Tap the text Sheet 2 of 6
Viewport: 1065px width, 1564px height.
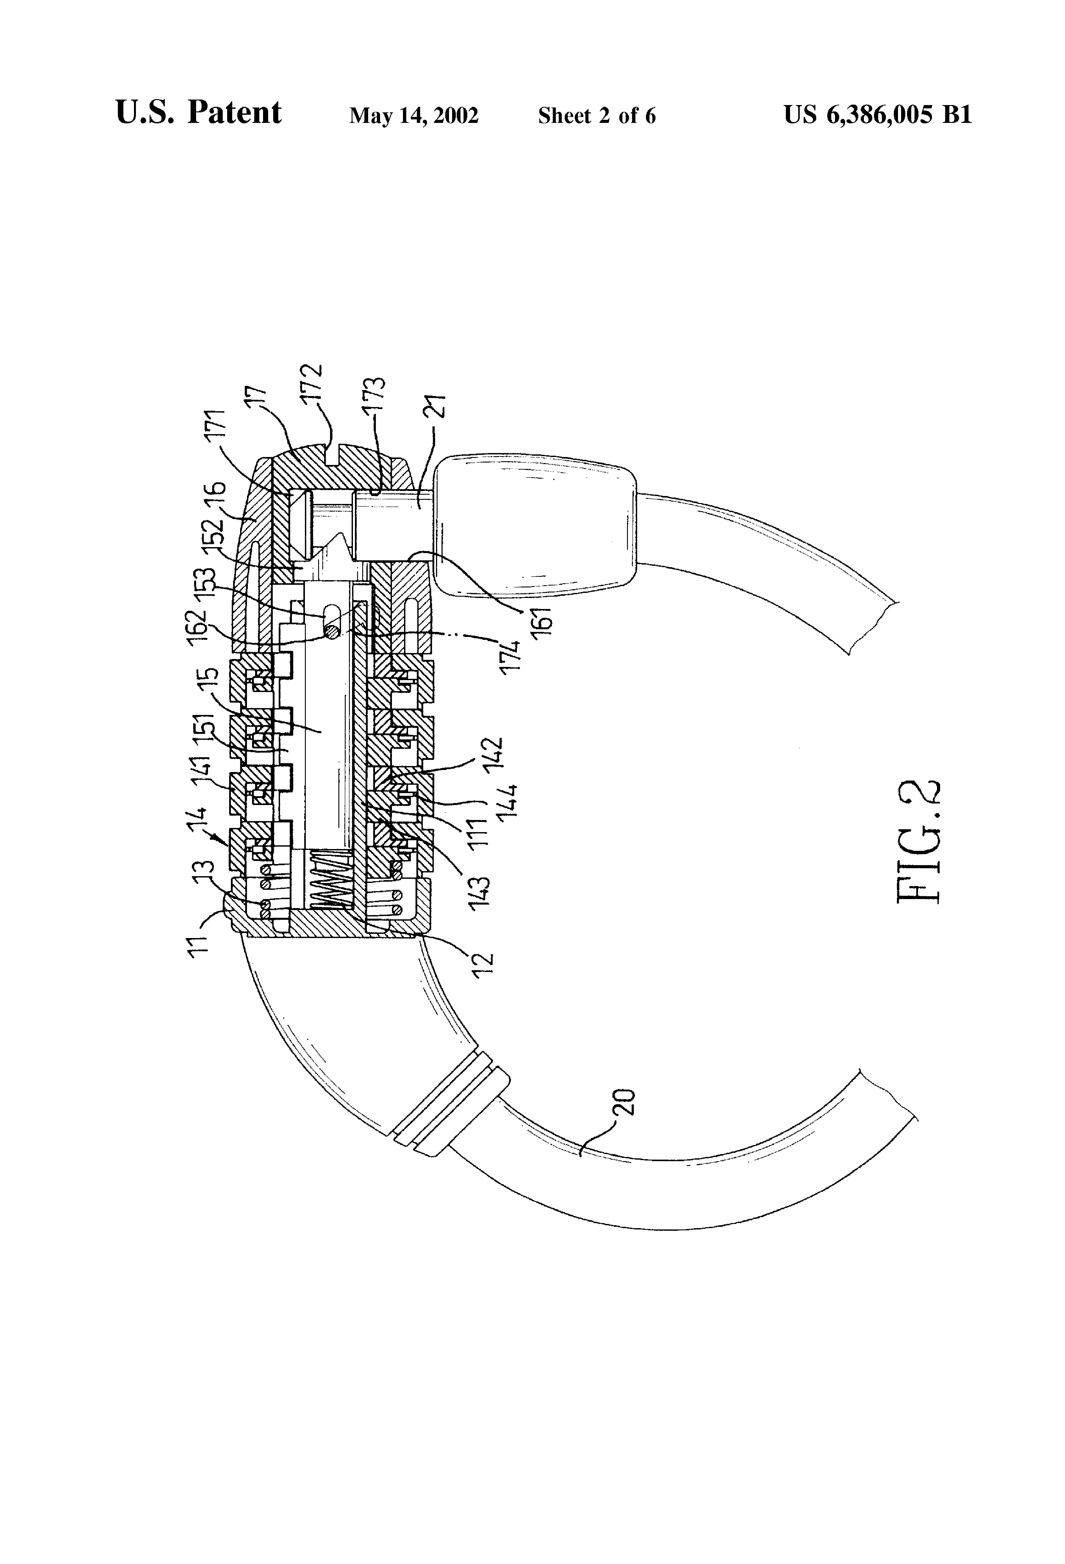pyautogui.click(x=596, y=116)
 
